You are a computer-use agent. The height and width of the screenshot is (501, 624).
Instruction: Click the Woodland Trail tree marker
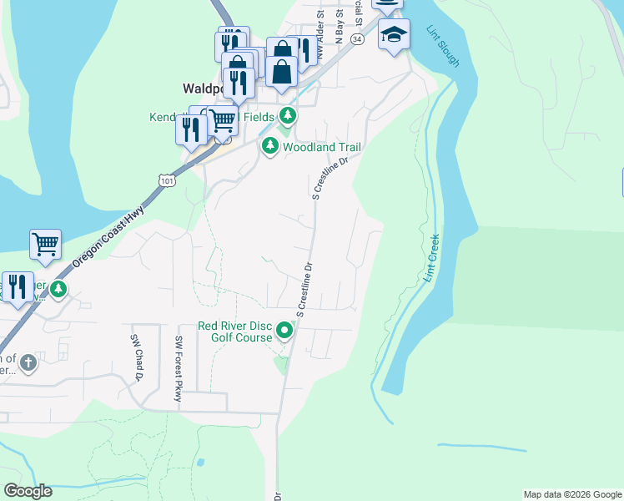pos(270,147)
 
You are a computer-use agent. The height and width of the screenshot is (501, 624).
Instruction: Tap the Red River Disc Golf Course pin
pos(284,331)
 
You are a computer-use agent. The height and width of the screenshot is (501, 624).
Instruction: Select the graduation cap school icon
pos(394,35)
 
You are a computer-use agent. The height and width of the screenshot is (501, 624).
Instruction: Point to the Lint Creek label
pos(432,256)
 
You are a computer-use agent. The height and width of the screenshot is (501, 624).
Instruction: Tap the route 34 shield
pos(356,38)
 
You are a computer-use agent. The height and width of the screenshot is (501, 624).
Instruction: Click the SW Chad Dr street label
pos(136,357)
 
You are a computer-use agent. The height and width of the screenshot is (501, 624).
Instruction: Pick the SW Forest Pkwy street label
pos(179,368)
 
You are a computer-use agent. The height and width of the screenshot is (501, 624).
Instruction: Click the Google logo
pos(28,491)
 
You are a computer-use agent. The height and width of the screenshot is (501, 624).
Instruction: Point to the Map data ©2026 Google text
pos(571,494)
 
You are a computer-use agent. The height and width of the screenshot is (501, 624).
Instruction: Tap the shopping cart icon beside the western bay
pos(45,245)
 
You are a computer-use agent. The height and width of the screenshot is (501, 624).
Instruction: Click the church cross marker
pos(28,362)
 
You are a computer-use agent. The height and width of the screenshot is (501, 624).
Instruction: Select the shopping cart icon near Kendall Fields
pos(222,120)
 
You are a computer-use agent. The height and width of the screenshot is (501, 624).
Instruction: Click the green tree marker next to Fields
pos(288,115)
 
